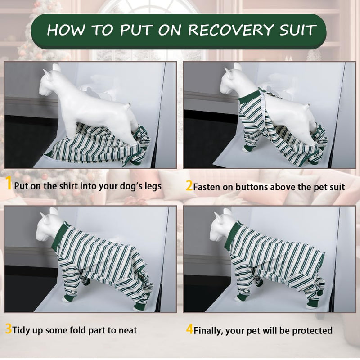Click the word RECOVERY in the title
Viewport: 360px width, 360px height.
pyautogui.click(x=231, y=30)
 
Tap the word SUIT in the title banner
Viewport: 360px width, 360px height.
pyautogui.click(x=297, y=30)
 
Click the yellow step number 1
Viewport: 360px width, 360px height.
pyautogui.click(x=9, y=183)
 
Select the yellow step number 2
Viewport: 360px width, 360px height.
pyautogui.click(x=189, y=186)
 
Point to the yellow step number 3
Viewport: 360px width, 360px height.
pyautogui.click(x=8, y=329)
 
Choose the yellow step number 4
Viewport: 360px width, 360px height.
pyautogui.click(x=189, y=330)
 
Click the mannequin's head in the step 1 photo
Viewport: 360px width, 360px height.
pyautogui.click(x=51, y=83)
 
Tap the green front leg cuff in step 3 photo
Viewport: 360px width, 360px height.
pyautogui.click(x=69, y=298)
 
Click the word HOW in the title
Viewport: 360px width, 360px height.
pyautogui.click(x=66, y=30)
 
